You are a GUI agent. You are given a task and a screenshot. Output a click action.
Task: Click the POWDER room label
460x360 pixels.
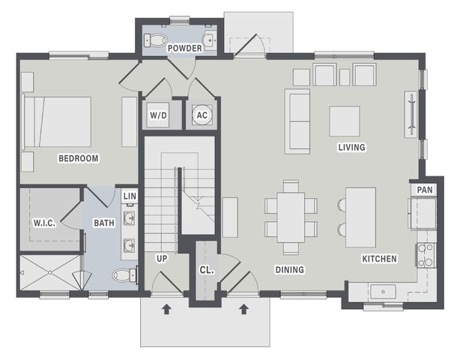coord(184,48)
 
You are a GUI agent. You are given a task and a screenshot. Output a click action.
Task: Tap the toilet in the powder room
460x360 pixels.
coord(155,40)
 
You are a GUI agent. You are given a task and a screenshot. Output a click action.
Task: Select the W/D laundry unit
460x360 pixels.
coord(158,115)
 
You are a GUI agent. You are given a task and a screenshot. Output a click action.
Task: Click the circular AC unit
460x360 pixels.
coord(202,115)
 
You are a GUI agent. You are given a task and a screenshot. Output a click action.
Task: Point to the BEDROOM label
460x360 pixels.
coord(79,158)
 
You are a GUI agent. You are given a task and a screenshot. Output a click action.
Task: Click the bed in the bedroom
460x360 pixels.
coord(56,121)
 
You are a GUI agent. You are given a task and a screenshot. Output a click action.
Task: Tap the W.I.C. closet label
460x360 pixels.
coord(44,223)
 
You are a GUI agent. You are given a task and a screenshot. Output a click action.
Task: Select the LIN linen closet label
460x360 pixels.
coord(130,196)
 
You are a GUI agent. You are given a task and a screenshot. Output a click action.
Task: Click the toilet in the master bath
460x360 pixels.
coord(124,275)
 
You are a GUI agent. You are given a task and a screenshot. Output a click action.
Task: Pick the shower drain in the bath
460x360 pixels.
coord(50,273)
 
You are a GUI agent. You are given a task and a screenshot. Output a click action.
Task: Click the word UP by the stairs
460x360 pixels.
coord(162,259)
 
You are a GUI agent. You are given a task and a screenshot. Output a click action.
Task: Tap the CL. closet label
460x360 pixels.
coord(207,270)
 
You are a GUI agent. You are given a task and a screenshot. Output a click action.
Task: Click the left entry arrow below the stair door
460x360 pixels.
coord(166,309)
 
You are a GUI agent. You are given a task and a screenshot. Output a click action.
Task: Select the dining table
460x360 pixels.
coord(291,217)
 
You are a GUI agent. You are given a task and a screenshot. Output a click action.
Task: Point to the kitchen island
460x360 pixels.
coord(360,217)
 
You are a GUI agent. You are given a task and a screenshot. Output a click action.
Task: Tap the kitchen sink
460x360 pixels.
coord(383,292)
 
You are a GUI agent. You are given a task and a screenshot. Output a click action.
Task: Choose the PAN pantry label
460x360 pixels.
coord(425,190)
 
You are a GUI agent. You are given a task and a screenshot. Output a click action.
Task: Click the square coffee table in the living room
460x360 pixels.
coord(345,121)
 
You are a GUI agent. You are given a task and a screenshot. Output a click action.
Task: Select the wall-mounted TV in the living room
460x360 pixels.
coord(412,115)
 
